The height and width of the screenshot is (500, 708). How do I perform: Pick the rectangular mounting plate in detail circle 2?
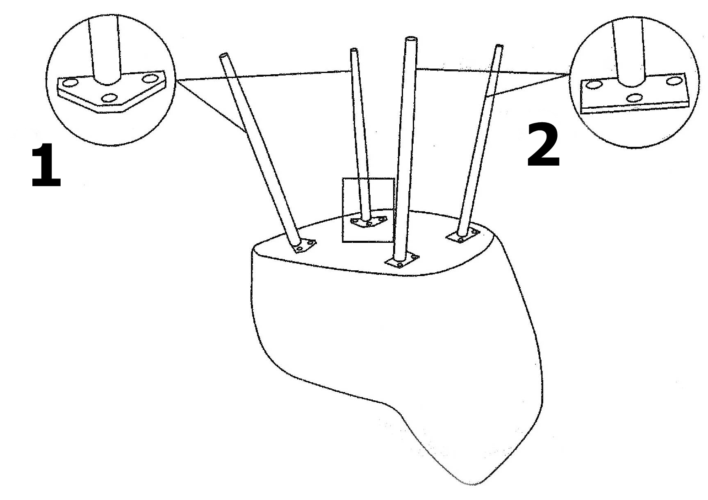coord(634,94)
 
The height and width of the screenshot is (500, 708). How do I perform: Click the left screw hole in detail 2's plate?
coord(594,85)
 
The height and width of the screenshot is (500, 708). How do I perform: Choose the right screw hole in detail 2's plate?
coord(673,81)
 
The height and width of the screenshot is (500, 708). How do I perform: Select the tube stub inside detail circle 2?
coord(629,53)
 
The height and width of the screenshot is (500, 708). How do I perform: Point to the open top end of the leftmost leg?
coord(224,55)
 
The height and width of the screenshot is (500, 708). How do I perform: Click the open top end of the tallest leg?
coord(411,39)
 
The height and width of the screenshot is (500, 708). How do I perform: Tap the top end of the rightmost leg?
coord(499,46)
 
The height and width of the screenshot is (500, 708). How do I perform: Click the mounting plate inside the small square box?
coord(369,222)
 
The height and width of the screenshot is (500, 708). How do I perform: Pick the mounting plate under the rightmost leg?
coord(463,235)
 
